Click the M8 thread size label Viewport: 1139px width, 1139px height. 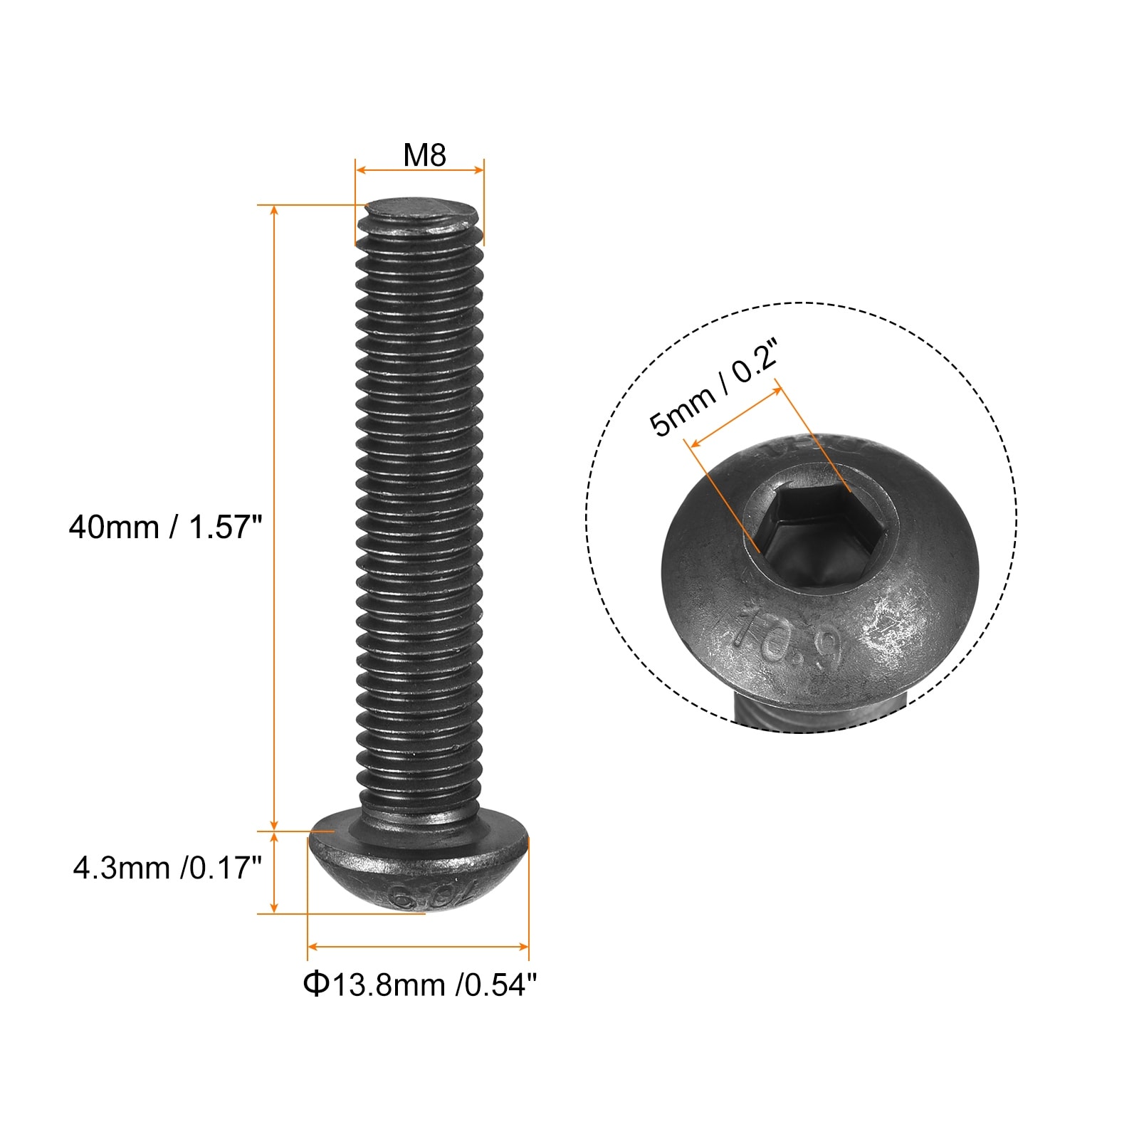click(424, 155)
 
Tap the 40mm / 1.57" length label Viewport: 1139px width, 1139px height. click(165, 527)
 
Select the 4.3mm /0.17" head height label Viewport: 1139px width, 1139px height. click(167, 868)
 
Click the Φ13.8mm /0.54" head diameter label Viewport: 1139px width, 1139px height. click(420, 985)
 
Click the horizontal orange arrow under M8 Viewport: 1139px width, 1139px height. click(420, 170)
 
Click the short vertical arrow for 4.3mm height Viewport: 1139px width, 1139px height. click(275, 873)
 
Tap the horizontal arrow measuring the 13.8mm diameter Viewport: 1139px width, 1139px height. click(418, 947)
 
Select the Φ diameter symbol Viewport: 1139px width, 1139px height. click(315, 985)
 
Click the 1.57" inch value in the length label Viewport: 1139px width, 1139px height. click(226, 527)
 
